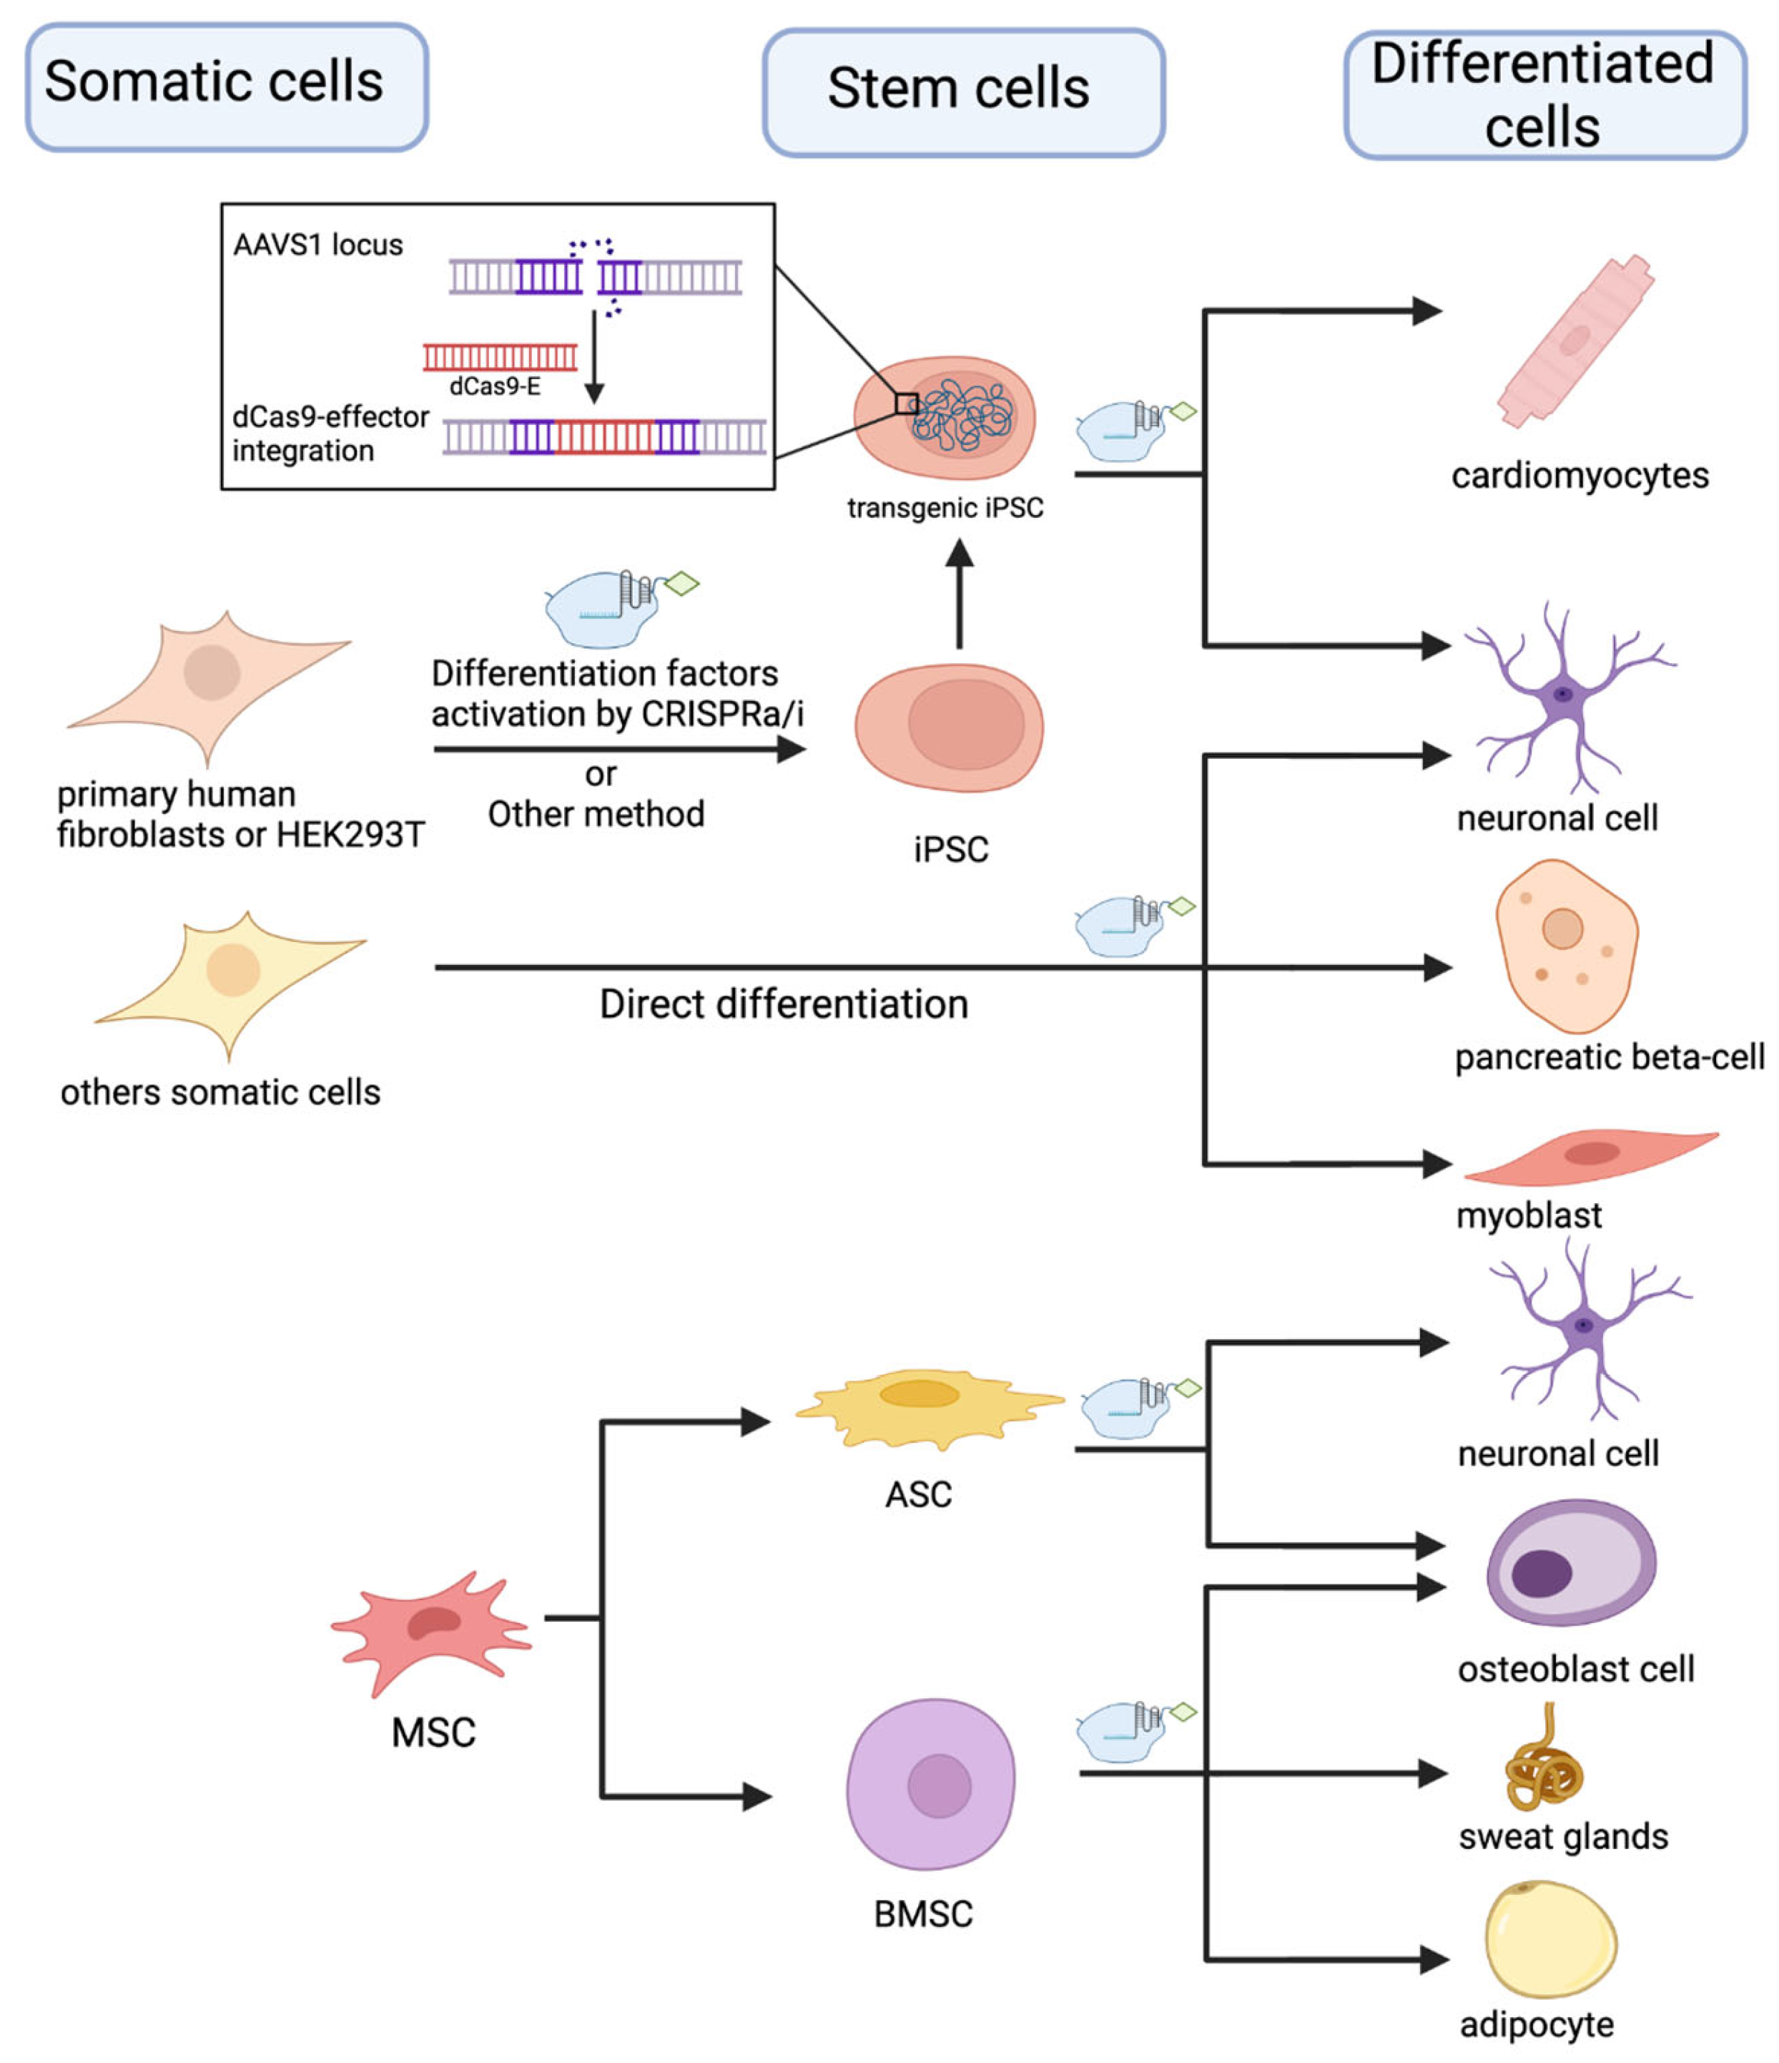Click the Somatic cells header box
point(227,87)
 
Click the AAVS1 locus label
point(317,245)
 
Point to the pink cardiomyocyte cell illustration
point(1575,341)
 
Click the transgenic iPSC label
point(945,508)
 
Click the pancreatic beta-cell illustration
point(1566,946)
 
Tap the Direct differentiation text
point(784,1004)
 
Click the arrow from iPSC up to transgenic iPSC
point(959,594)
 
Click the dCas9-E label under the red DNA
point(495,386)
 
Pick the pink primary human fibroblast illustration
point(209,687)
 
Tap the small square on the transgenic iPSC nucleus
point(906,403)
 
